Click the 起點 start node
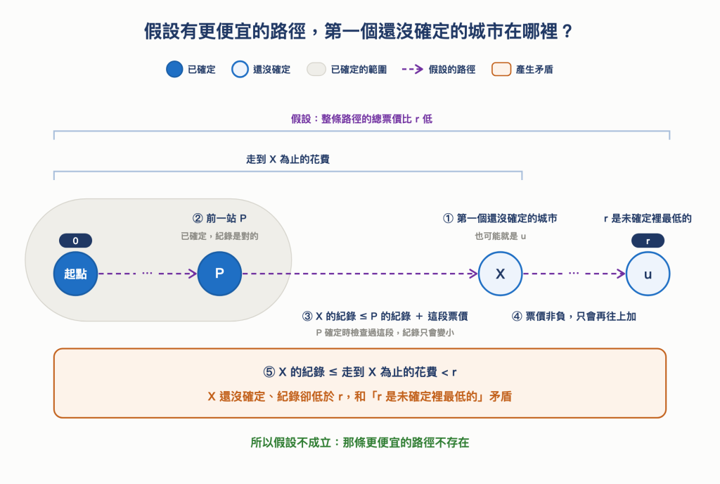pos(75,274)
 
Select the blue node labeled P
pos(219,274)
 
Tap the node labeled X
pos(500,274)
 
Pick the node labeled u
pos(648,274)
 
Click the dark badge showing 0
pos(75,241)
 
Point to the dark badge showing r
pos(648,241)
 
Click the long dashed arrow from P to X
pos(360,274)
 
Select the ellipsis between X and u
pos(574,273)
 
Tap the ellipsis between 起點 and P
pos(147,273)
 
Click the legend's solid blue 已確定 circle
pos(174,70)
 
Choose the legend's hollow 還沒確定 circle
pos(240,70)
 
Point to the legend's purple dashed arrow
pos(412,70)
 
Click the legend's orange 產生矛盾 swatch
pos(501,70)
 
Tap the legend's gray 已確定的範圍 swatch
pos(316,70)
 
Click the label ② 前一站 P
pos(219,218)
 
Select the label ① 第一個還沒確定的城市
pos(500,218)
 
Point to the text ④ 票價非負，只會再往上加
pos(574,317)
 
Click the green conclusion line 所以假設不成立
pos(360,442)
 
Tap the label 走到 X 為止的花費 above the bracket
pos(288,160)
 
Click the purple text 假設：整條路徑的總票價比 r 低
pos(362,120)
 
